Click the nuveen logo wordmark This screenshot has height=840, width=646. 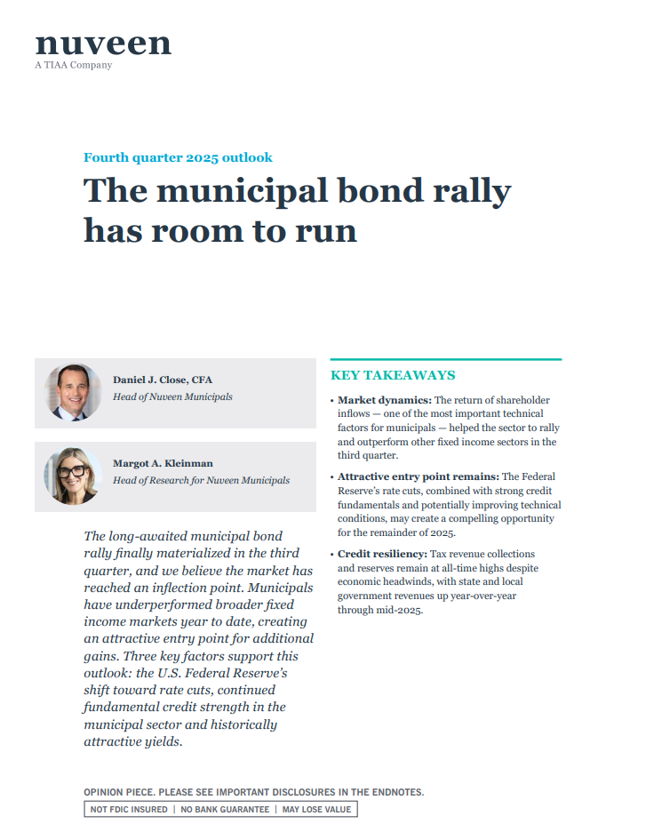coord(103,43)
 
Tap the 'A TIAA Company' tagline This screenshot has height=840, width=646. coord(74,65)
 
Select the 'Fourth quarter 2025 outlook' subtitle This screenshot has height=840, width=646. coord(178,157)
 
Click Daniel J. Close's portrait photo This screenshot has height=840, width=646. coord(73,391)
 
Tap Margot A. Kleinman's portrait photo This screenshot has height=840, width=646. coord(73,476)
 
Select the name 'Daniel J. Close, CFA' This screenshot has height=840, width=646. coord(163,380)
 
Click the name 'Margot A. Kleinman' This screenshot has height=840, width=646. coord(163,463)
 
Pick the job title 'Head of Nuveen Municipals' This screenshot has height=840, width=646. coord(172,396)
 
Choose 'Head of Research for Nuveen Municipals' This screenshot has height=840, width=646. coord(201,480)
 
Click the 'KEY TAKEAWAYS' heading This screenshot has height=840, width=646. coord(393,375)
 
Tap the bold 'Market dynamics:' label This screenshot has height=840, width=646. coord(384,401)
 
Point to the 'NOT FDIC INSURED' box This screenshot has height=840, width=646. coord(128,809)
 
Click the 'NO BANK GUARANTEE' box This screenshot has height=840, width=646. coord(225,809)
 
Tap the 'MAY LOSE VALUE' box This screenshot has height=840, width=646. coord(316,809)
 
